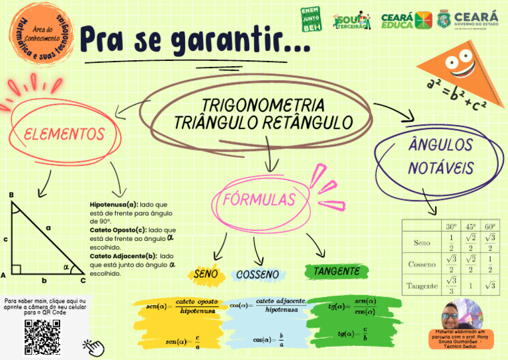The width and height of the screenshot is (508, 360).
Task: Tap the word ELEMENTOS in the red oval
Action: coord(64,134)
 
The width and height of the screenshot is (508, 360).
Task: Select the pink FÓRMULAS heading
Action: coord(259,199)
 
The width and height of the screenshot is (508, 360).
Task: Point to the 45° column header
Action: coord(470,226)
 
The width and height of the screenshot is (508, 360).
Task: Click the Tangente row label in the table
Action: coord(422,286)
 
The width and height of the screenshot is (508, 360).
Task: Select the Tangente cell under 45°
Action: coord(470,286)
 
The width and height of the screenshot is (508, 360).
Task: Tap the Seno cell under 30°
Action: coord(451,242)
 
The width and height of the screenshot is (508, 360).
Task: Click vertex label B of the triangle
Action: coord(11,195)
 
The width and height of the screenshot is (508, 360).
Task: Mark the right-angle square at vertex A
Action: coord(17,269)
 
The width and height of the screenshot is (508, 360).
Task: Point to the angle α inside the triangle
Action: coord(65,267)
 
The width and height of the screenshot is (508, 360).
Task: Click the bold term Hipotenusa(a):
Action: coord(114,205)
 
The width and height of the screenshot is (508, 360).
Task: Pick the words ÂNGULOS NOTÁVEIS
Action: coord(440,156)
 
